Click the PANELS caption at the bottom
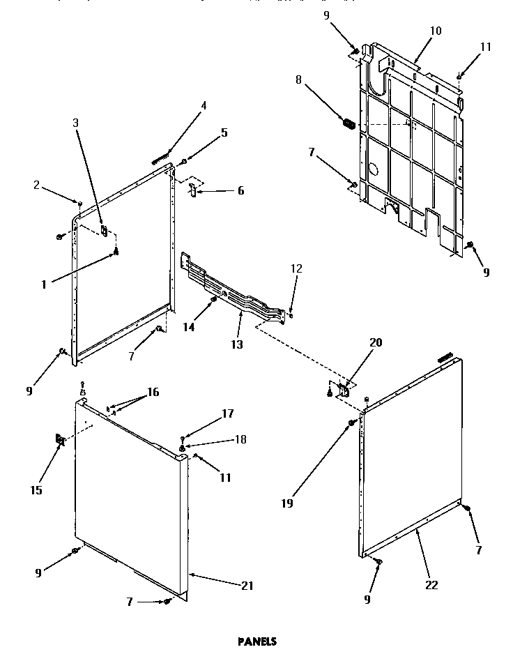[x=257, y=641]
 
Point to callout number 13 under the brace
[x=238, y=344]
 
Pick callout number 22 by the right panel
[x=431, y=585]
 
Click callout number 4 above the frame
[x=204, y=106]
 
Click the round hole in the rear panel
[x=374, y=169]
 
